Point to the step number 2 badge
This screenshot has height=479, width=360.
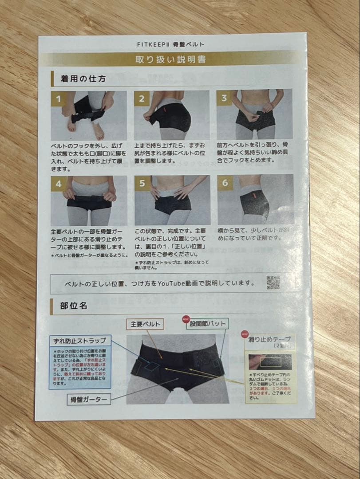coord(141,98)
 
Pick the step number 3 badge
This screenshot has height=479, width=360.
coord(224,98)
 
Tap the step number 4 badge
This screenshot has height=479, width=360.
coord(58,183)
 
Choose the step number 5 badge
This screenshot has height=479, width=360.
coord(142,183)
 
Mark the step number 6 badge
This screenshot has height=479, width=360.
coord(225,182)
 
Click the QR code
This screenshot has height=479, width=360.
coord(273,282)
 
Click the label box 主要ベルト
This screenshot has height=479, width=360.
coord(145,324)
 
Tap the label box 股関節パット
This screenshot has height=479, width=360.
coord(208,323)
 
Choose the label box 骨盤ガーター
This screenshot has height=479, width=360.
coord(89,399)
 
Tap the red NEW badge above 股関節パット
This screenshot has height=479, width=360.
coord(186,318)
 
